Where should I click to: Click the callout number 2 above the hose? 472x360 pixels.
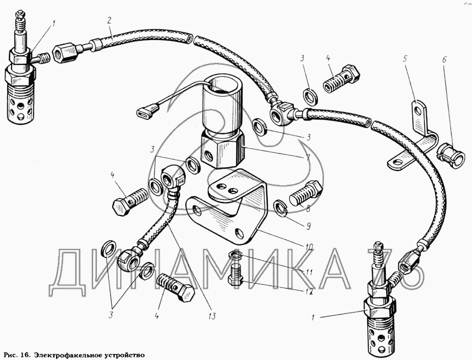(x=109, y=20)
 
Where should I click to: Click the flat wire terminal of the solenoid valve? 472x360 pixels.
(x=145, y=113)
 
